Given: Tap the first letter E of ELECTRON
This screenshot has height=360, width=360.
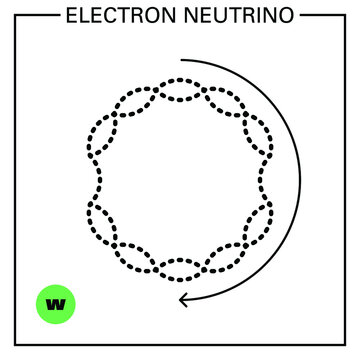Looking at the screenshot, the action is coord(70,14).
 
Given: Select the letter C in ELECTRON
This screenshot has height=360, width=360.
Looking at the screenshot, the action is coord(106,14).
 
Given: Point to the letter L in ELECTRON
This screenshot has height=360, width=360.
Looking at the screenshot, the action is coord(82,14).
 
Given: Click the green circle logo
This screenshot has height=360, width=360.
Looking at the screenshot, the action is coord(56,303).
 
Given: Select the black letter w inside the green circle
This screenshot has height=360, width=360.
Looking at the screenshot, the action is coord(56,303).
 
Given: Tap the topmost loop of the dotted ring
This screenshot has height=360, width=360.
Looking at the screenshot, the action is coord(180,87).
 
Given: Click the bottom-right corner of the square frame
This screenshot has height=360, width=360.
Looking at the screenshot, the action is coord(347,345).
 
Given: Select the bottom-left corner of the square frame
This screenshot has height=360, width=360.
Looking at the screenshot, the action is coord(14,345).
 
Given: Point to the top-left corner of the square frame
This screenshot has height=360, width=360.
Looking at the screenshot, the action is coord(14,15).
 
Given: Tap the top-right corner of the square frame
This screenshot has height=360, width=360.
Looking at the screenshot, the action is coord(347,15).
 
